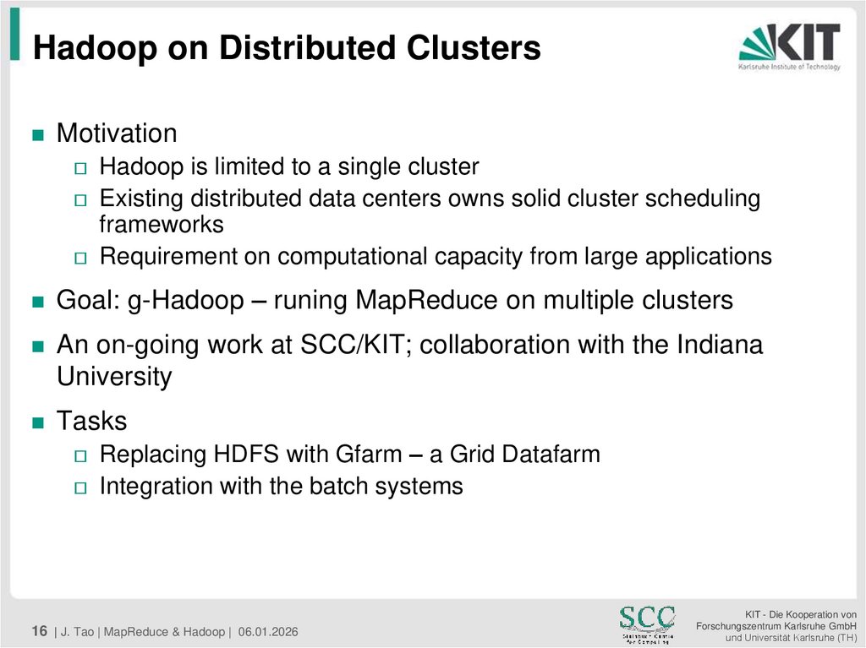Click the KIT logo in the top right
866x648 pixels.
click(x=789, y=46)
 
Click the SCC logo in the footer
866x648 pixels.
click(x=647, y=623)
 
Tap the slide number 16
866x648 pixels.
click(x=39, y=631)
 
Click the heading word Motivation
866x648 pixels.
click(x=117, y=133)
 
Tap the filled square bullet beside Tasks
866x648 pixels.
click(x=36, y=422)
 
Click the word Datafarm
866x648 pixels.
click(x=551, y=454)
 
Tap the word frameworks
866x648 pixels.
click(x=162, y=224)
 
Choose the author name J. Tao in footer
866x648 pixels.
click(x=78, y=632)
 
